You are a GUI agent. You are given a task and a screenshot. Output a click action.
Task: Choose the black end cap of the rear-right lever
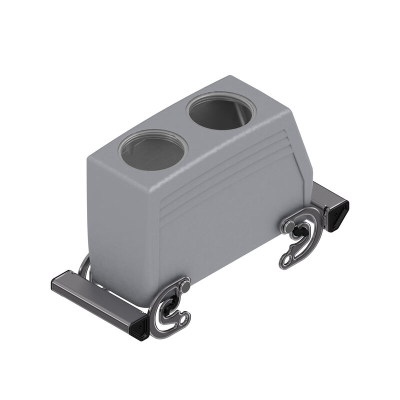coord(339,213)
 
